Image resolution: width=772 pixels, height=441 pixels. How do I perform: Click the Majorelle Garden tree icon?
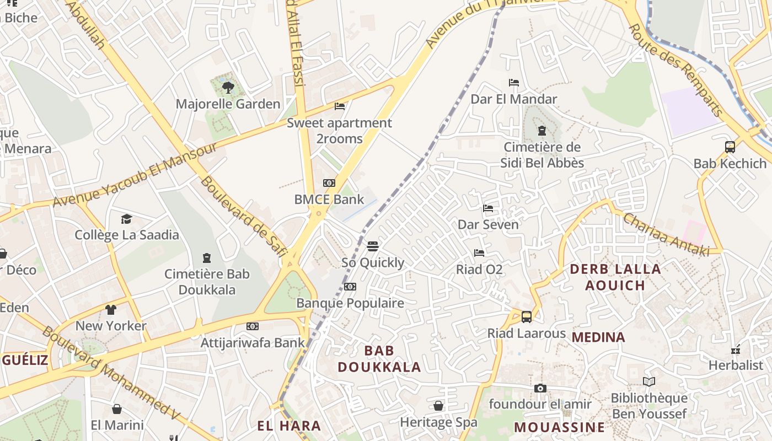[x=228, y=87]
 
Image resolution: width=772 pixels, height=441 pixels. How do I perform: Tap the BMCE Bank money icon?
[x=329, y=183]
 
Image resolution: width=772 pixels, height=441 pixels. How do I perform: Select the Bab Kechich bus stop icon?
[x=730, y=147]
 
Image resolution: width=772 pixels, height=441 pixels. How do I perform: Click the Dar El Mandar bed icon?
[x=514, y=83]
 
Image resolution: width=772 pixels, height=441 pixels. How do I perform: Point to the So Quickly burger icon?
[x=373, y=246]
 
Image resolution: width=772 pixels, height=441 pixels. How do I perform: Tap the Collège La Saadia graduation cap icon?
[x=127, y=219]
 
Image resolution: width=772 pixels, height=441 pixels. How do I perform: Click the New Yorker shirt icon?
[x=111, y=309]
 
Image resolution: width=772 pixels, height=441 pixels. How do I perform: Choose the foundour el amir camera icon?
[x=540, y=388]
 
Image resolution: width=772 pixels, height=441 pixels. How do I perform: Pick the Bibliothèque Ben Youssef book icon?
[x=649, y=381]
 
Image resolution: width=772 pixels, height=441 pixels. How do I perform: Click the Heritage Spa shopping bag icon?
[x=438, y=406]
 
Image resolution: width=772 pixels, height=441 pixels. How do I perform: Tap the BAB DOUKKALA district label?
[x=379, y=359]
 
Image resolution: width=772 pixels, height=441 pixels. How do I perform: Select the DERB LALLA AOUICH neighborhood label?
[x=615, y=277]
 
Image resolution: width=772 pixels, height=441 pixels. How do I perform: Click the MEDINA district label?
[x=598, y=337]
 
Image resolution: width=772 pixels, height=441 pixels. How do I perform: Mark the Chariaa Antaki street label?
[x=666, y=234]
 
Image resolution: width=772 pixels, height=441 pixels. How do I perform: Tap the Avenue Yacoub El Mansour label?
[x=136, y=175]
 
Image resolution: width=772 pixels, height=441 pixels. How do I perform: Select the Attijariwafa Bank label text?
[x=253, y=342]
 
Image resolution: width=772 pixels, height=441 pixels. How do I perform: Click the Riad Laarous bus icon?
[x=527, y=317]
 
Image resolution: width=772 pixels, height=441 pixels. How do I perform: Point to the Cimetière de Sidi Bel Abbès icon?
[x=542, y=131]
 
